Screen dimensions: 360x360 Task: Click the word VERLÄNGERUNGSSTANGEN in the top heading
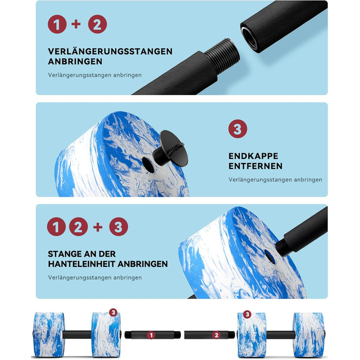[x=110, y=51]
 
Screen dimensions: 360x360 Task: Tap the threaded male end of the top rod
[x=222, y=56]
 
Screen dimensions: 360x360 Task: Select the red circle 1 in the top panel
[x=57, y=24]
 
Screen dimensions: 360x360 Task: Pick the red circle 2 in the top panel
[x=97, y=24]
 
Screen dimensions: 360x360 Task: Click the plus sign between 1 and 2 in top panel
[x=76, y=24]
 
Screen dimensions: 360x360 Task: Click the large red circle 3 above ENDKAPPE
[x=238, y=129]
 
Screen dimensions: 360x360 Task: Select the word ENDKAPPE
[x=253, y=156]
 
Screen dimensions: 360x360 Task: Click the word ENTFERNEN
[x=255, y=166]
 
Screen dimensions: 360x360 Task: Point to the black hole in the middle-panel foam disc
[x=148, y=165]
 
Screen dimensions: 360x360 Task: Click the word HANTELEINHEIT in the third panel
[x=81, y=264]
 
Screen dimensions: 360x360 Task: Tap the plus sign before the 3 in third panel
[x=98, y=227]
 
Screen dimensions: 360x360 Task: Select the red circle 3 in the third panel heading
[x=118, y=227]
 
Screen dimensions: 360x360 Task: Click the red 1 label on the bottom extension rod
[x=151, y=335]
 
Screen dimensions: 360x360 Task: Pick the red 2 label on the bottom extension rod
[x=217, y=335]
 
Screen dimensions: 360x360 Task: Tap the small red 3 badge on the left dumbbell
[x=113, y=312]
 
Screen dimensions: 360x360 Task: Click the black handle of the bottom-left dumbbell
[x=77, y=335]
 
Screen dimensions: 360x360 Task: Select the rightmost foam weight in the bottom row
[x=309, y=334]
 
